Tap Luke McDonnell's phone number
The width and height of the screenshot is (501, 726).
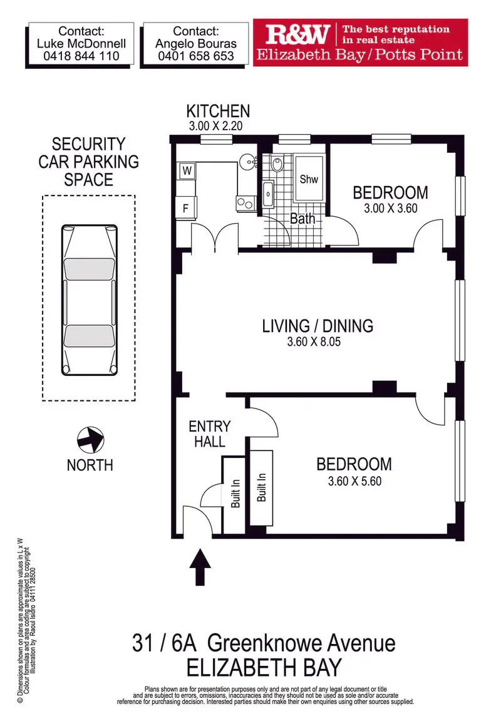(81, 56)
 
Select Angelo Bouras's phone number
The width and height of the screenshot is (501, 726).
(197, 56)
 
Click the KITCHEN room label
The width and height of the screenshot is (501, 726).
(218, 112)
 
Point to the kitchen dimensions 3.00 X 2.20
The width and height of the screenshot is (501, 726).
(215, 126)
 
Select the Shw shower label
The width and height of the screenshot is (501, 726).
(309, 179)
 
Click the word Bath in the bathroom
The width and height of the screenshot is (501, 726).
(302, 219)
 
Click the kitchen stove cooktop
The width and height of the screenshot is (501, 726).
(245, 203)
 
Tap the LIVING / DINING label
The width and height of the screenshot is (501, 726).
(318, 326)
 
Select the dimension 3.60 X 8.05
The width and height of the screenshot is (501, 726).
(318, 343)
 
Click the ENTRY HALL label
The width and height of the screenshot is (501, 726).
(210, 433)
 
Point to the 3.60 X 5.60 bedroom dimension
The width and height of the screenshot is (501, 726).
(354, 481)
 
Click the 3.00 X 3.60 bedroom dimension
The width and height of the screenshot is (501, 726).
(390, 209)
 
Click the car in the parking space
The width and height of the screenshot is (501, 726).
(90, 299)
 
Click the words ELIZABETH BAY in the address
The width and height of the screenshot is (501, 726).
(264, 666)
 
